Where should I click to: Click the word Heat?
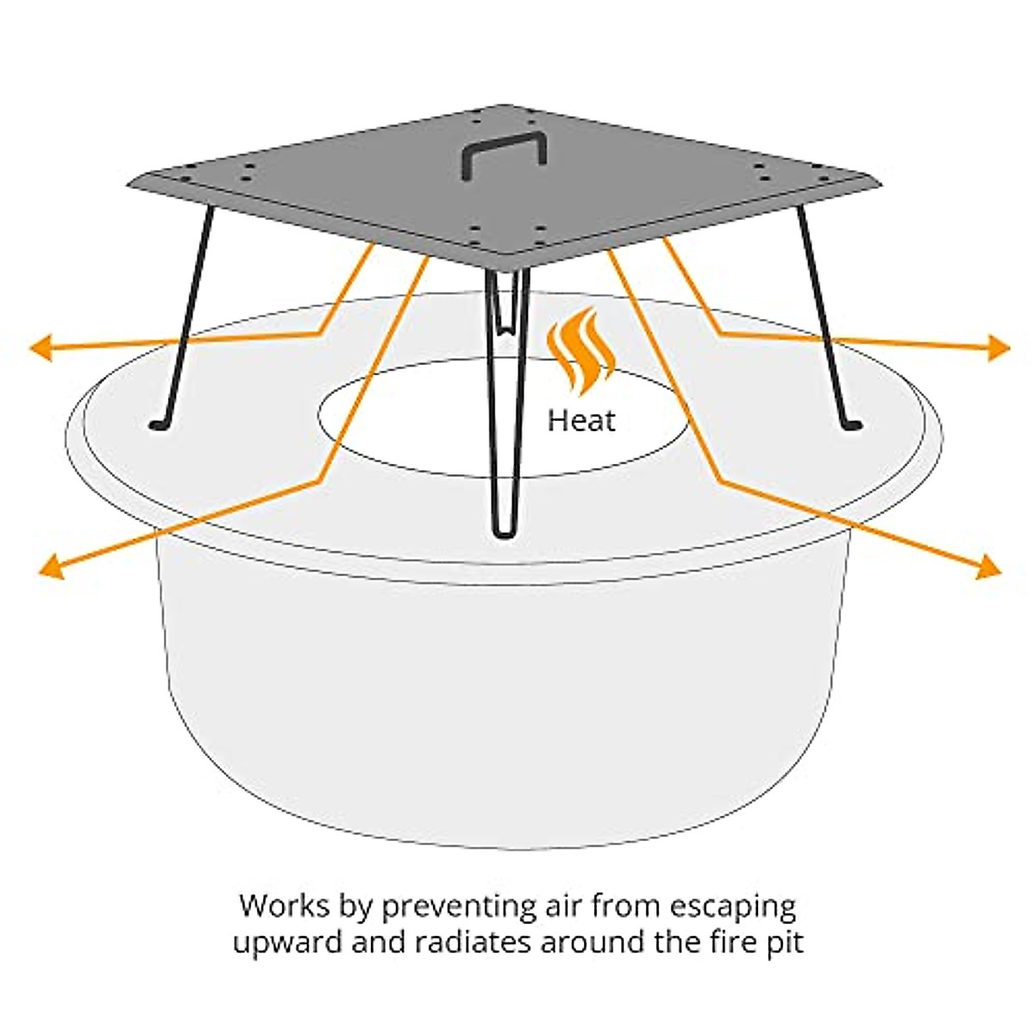pyautogui.click(x=582, y=421)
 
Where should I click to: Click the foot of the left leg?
pyautogui.click(x=158, y=424)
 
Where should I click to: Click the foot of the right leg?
pyautogui.click(x=853, y=424)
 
